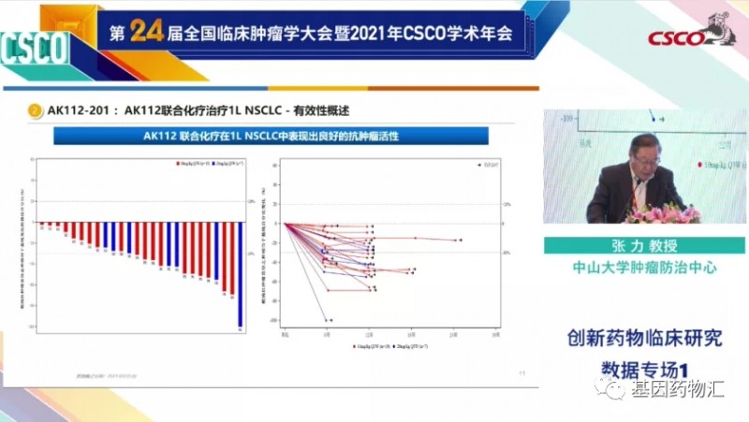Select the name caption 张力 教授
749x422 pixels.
coord(645,244)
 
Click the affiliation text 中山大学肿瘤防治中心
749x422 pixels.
coord(645,267)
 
